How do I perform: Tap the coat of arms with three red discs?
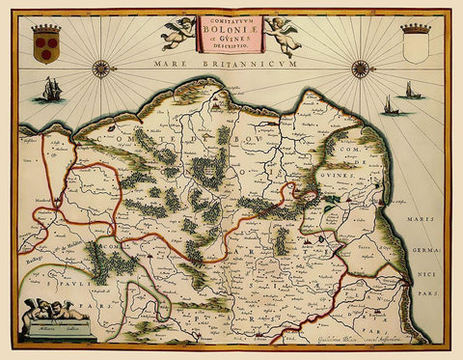tap(45, 43)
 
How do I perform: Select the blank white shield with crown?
tap(415, 43)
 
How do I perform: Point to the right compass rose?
tap(361, 68)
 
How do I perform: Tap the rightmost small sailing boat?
tap(408, 92)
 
